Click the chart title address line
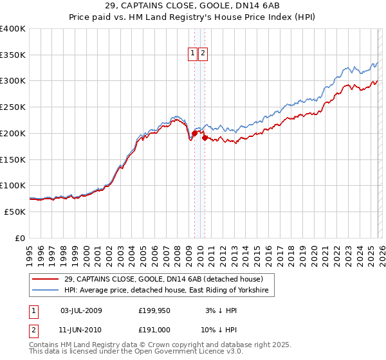coord(192,6)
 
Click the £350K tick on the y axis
coord(13,55)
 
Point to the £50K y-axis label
coord(15,212)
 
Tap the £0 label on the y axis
coord(20,238)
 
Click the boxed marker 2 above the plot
coord(203,54)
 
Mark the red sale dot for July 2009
coord(194,133)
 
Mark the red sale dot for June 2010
coord(205,138)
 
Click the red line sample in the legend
coord(46,280)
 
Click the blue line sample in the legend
coord(46,291)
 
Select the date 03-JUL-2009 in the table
coord(80,311)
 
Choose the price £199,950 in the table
coord(154,311)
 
